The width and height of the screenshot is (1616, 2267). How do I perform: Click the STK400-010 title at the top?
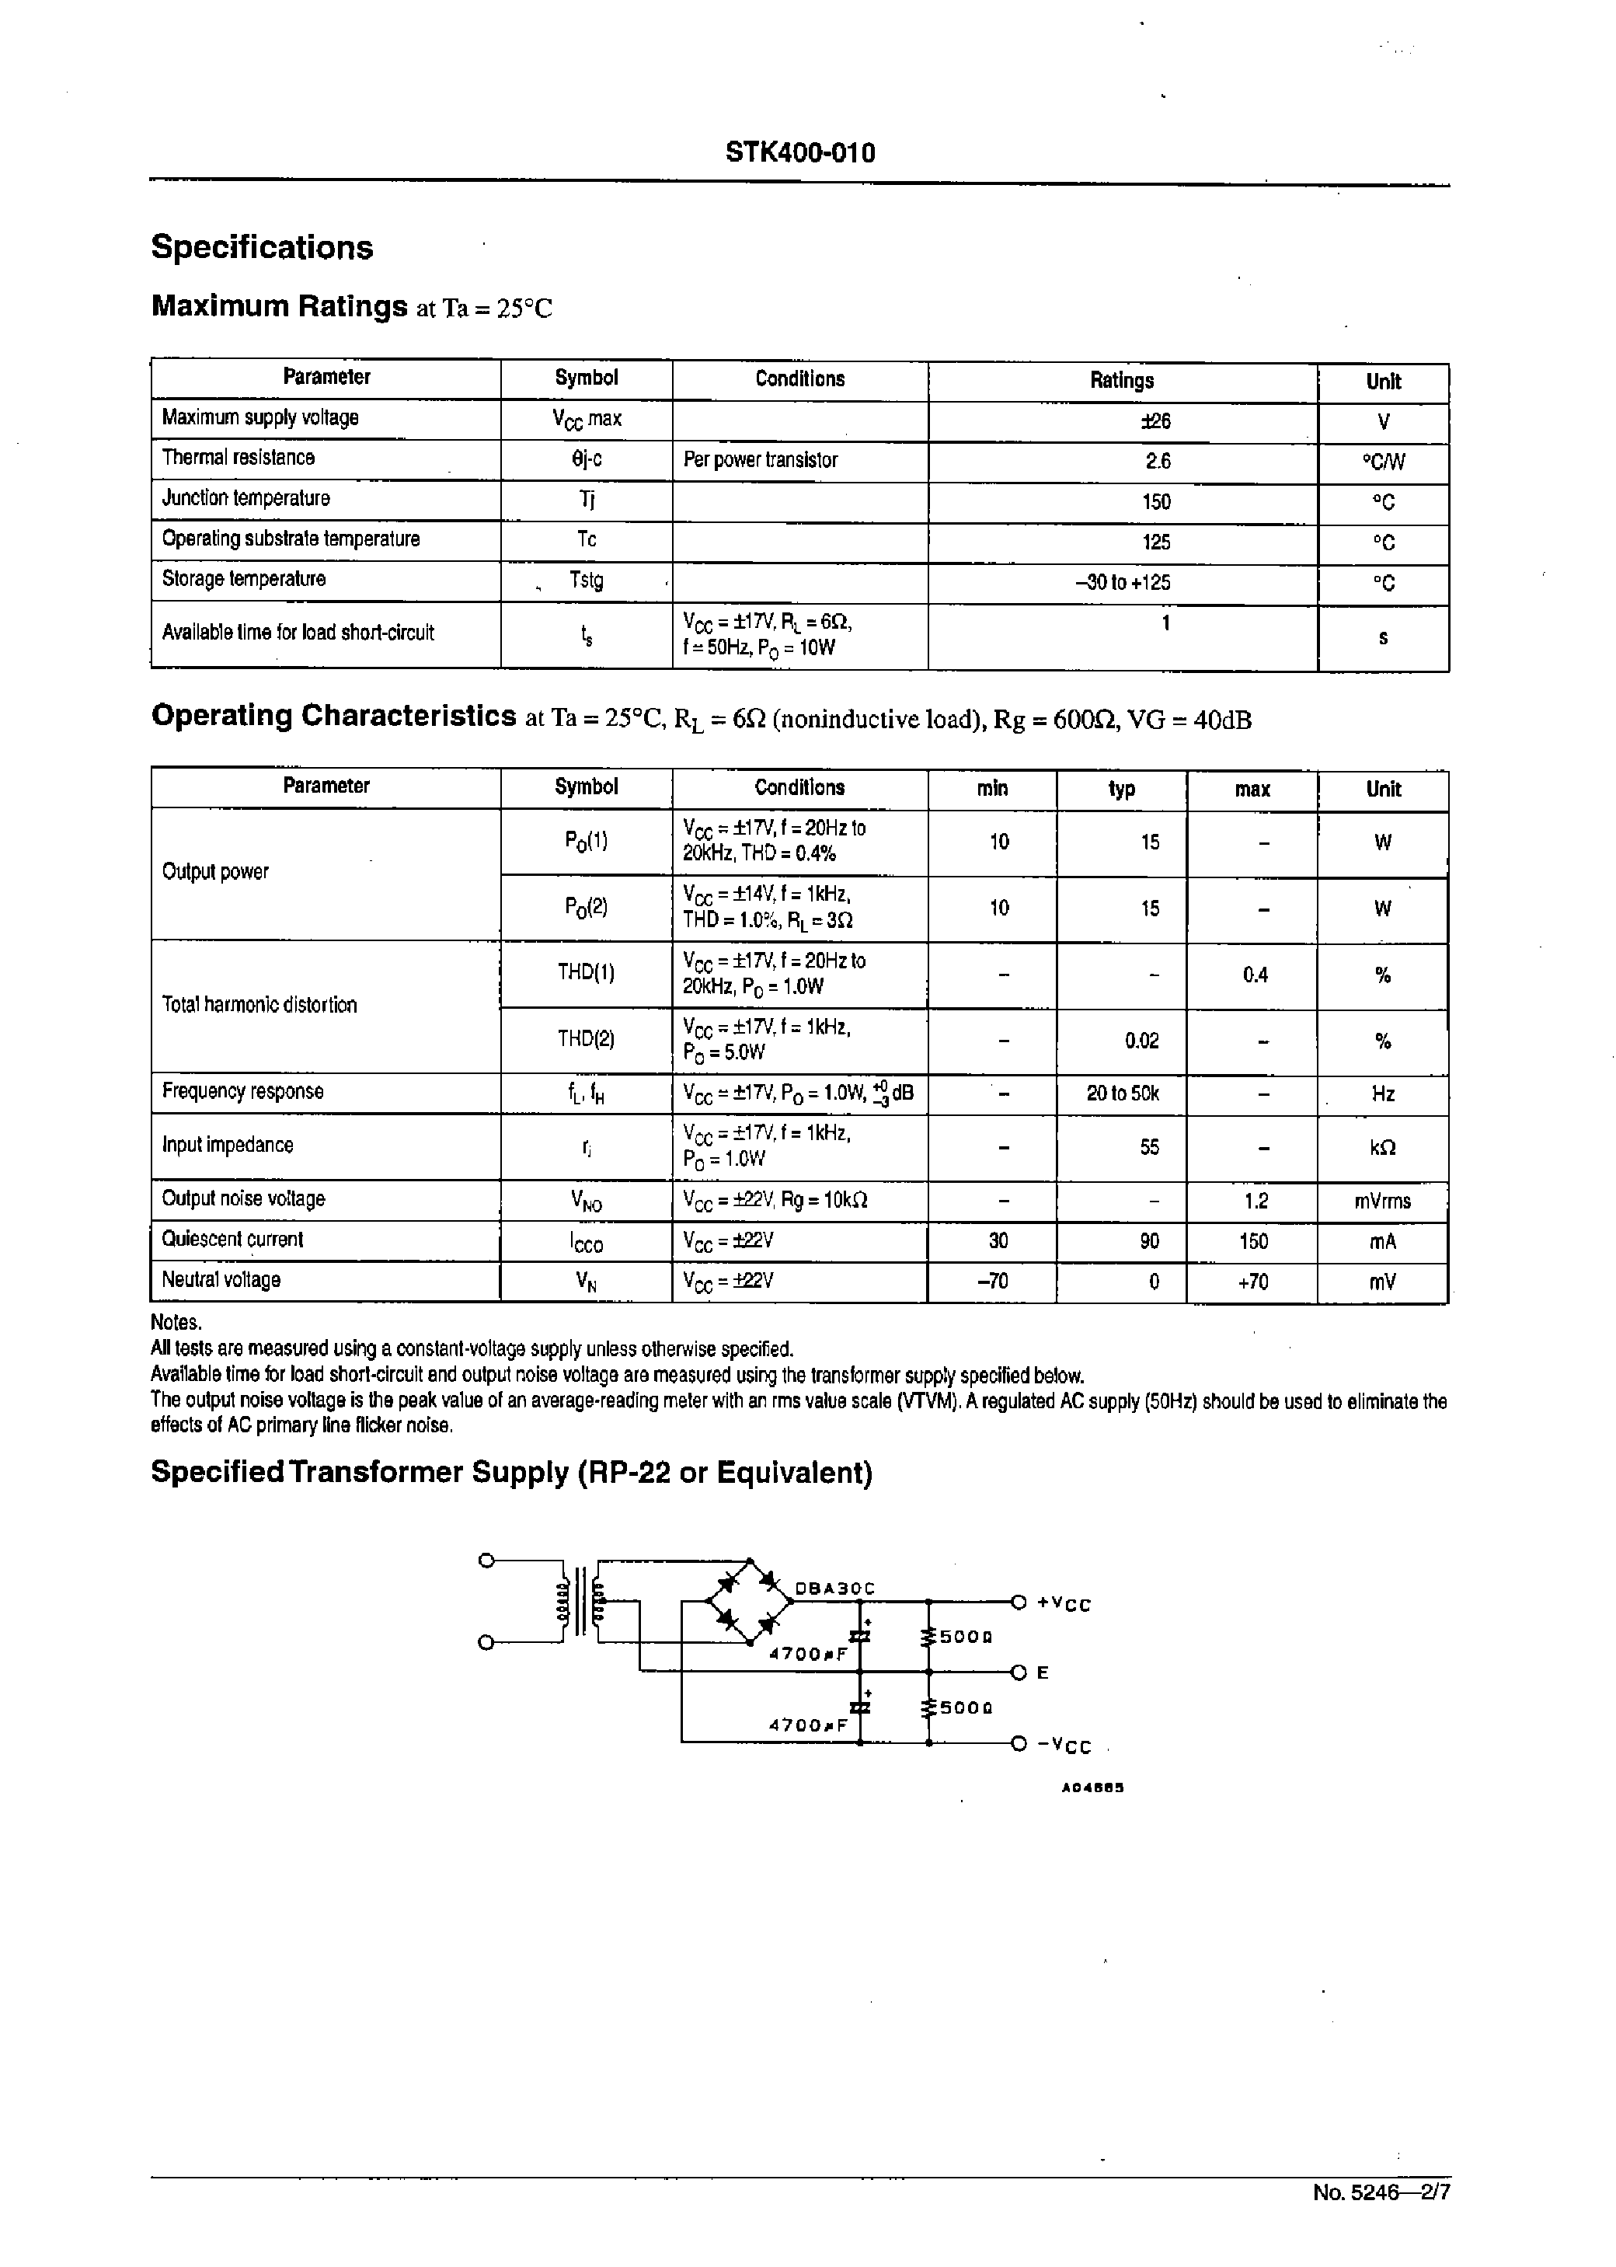[x=800, y=152]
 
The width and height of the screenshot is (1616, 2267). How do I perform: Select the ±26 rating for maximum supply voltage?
[x=1155, y=421]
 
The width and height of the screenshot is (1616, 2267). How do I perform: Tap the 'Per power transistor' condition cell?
[x=761, y=460]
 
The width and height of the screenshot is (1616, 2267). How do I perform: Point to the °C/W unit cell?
[x=1382, y=462]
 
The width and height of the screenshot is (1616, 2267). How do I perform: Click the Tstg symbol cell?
[x=586, y=579]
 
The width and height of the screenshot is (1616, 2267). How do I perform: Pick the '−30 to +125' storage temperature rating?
[x=1123, y=582]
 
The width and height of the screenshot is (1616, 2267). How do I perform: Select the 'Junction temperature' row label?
[x=246, y=497]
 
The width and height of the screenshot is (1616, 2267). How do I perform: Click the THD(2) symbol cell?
[x=585, y=1039]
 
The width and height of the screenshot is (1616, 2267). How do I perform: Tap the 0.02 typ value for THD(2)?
[x=1141, y=1041]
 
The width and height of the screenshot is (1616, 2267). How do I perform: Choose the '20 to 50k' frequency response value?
[x=1123, y=1093]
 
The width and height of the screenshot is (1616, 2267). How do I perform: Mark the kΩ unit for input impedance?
[x=1382, y=1147]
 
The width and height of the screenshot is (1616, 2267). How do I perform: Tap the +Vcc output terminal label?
[x=1063, y=1604]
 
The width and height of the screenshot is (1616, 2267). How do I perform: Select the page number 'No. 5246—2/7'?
[x=1381, y=2192]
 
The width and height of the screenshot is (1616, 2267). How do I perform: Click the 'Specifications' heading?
[x=262, y=247]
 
